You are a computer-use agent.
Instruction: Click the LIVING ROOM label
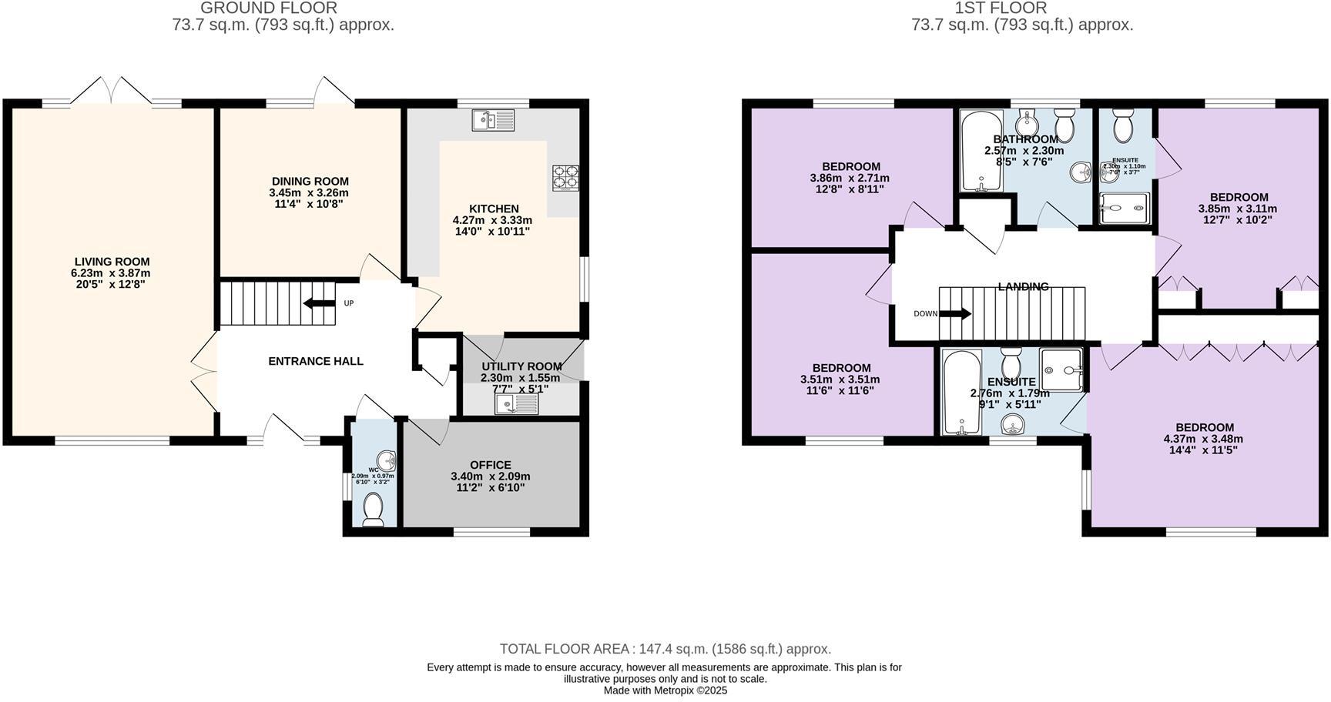coord(112,262)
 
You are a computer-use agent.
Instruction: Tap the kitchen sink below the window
coord(493,120)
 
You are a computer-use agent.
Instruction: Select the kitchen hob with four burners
coord(565,178)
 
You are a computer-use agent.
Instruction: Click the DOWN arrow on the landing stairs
coord(955,313)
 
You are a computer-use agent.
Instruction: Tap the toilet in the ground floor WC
coord(374,510)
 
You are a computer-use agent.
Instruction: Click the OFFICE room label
coord(491,465)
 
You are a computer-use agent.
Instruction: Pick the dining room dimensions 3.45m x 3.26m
coord(309,192)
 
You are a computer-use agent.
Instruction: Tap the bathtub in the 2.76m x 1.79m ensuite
coord(961,393)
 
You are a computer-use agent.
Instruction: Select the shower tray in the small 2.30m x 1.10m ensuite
coord(1123,208)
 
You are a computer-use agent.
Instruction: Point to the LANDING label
coord(1023,286)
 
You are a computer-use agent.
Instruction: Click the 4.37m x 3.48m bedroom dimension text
coord(1203,439)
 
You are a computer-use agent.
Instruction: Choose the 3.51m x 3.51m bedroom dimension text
coord(840,379)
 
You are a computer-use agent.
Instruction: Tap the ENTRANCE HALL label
coord(315,361)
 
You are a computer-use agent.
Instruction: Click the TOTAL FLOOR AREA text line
coord(665,649)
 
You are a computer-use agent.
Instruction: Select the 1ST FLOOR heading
coord(1001,8)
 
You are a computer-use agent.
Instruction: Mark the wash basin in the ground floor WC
coord(387,460)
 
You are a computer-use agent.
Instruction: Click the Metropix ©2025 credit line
coord(665,690)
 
